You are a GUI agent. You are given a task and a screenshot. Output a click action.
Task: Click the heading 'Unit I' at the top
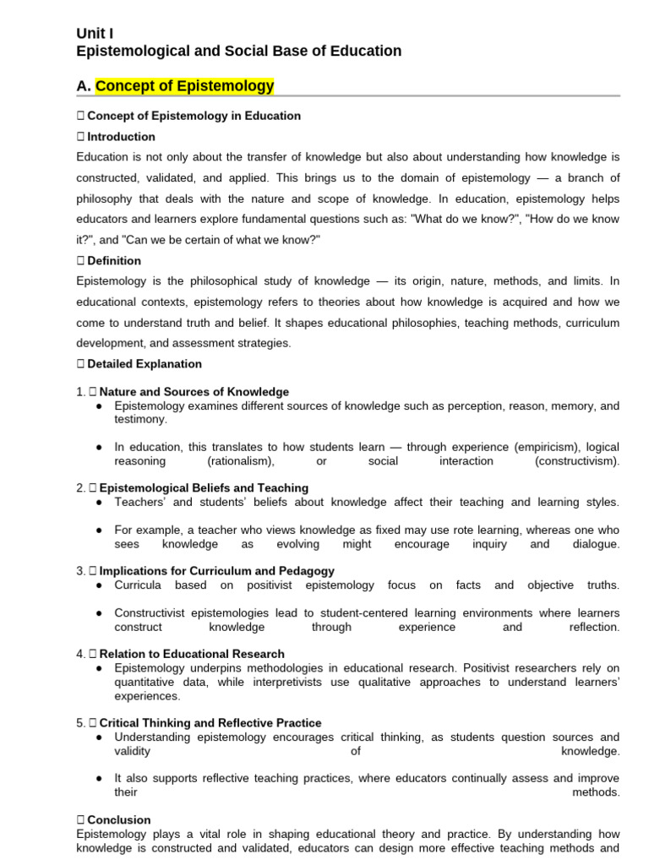[x=95, y=33]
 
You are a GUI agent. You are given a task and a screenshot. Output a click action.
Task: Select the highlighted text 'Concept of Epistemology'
[x=184, y=86]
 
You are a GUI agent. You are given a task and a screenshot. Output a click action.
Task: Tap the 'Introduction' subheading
[x=121, y=137]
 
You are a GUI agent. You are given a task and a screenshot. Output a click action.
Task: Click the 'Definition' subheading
[x=114, y=261]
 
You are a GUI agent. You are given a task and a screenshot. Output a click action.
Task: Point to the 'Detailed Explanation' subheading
[x=145, y=364]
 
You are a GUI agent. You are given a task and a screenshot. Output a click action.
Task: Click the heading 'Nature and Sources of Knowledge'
[x=194, y=392]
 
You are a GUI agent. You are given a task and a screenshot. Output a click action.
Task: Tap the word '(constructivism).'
[x=576, y=461]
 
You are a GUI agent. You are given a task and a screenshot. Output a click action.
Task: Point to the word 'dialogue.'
[x=596, y=544]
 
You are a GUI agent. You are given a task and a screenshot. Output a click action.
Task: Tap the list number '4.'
[x=81, y=654]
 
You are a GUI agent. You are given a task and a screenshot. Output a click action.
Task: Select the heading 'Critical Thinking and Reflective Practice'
[x=210, y=723]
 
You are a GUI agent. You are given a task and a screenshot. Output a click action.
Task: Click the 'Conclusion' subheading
[x=119, y=820]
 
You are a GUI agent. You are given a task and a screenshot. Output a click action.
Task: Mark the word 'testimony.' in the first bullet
[x=141, y=419]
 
